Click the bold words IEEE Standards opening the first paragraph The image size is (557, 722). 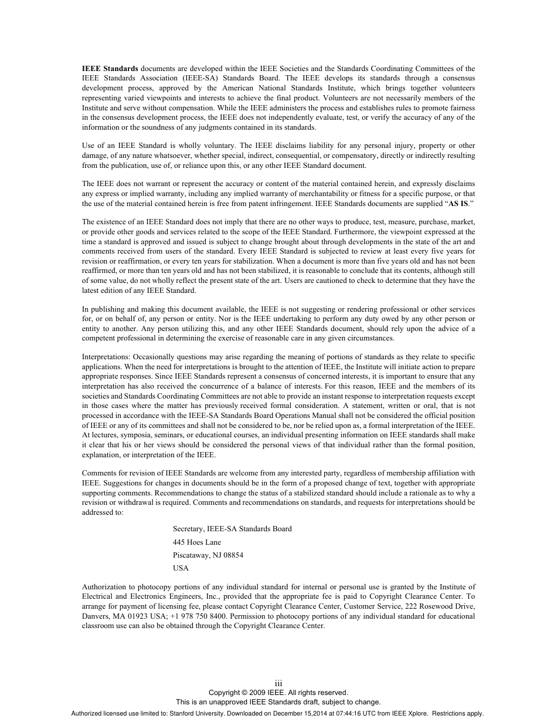(110, 68)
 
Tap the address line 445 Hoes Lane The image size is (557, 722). (197, 542)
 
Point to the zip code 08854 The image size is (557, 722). (232, 555)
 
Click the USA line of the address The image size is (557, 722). (181, 568)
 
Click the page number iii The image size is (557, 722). (278, 683)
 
